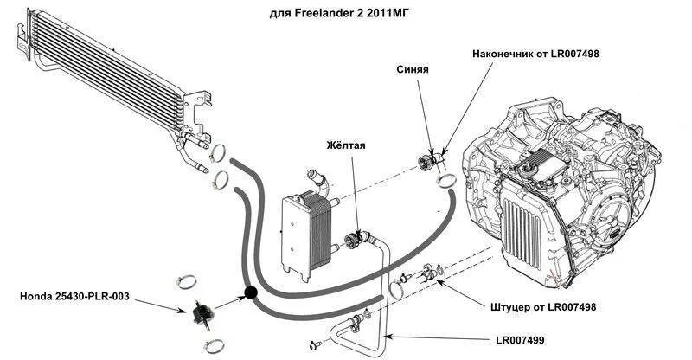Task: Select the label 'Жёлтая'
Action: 346,145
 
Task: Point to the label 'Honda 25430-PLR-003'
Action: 74,297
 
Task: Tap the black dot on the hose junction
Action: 251,294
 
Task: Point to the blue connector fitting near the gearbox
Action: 427,161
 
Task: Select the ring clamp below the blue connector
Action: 447,179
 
